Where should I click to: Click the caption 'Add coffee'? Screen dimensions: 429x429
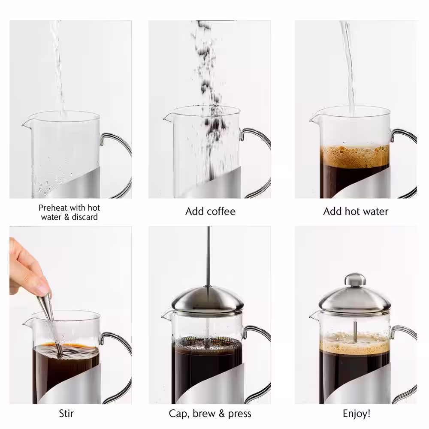coord(210,211)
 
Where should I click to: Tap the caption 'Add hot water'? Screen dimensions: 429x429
coord(355,211)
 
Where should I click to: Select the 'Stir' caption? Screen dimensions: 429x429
coord(66,414)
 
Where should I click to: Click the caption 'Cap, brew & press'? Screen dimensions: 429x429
coord(210,414)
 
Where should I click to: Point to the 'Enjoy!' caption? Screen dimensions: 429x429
coord(356,414)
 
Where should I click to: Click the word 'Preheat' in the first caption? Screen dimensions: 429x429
coord(52,208)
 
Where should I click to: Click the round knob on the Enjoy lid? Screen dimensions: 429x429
coord(355,279)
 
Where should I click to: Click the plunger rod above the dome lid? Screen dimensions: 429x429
coord(208,257)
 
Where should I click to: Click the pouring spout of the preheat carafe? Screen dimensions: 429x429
coord(26,123)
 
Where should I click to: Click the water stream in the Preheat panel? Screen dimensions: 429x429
coord(57,64)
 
